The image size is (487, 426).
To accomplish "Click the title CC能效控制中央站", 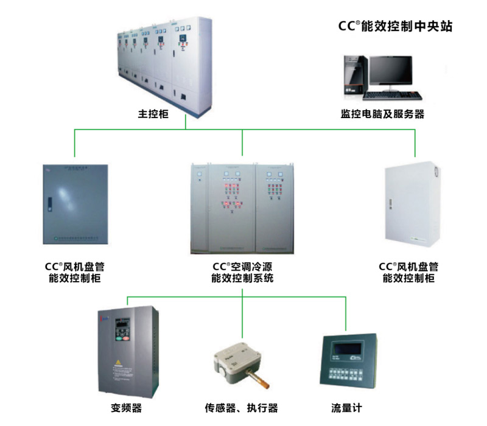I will point(395,27).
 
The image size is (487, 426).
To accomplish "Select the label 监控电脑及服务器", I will point(382,114).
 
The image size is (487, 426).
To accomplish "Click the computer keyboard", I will point(393,96).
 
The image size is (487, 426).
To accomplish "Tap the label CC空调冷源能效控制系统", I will point(242,273).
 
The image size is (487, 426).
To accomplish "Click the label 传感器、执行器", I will point(241,408).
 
